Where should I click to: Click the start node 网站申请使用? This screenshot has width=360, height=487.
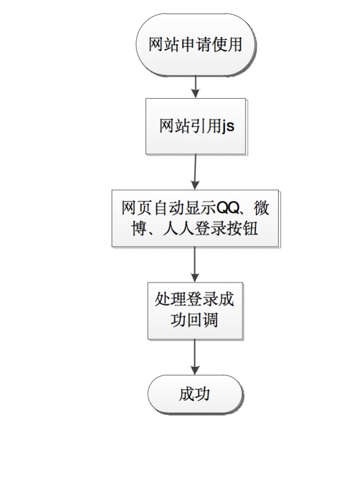coord(195,44)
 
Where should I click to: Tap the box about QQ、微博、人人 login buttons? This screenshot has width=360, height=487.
coord(195,218)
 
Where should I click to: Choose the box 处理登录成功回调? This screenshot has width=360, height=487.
coord(195,311)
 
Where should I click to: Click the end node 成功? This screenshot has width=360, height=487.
coord(195,394)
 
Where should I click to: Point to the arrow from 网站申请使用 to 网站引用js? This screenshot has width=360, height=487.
coord(196,87)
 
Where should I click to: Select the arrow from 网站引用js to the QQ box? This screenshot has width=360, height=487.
coord(196,172)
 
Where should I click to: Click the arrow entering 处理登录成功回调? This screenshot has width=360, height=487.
coord(195,265)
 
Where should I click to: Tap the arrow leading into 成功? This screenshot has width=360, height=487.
coord(195,357)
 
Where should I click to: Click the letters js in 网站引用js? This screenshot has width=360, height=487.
coord(228,127)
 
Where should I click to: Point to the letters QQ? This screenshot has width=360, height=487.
coord(227,208)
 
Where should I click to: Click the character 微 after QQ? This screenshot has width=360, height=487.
coord(261,208)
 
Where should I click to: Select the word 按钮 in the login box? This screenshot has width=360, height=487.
coord(242,228)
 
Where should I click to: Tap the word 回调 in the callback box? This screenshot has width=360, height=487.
coord(203,320)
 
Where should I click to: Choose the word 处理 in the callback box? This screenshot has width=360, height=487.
coord(170,300)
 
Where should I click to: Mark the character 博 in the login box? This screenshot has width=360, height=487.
coord(139,228)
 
